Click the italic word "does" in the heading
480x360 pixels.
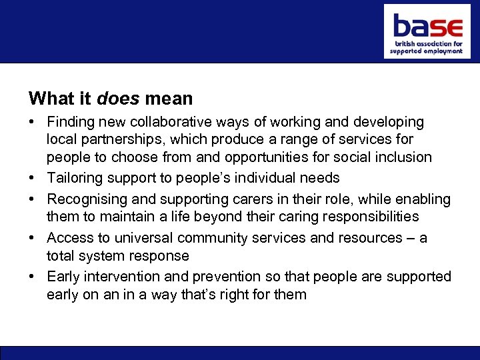(118, 99)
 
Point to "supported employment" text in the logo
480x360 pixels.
(426, 51)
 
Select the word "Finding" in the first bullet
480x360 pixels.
(71, 122)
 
